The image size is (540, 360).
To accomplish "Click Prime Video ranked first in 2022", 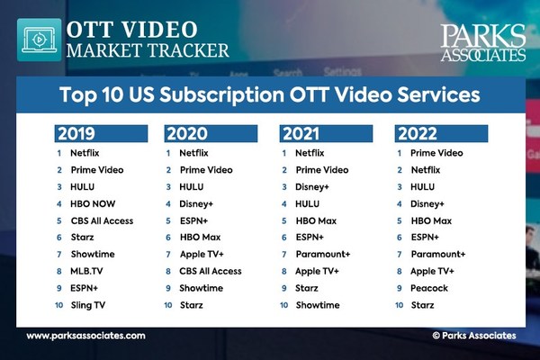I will pyautogui.click(x=436, y=153).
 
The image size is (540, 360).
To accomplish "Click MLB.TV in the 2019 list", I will pyautogui.click(x=87, y=272).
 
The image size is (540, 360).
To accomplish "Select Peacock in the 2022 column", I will pyautogui.click(x=430, y=288).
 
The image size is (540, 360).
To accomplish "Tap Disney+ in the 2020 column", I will pyautogui.click(x=197, y=203).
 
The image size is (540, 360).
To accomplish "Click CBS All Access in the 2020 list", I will pyautogui.click(x=211, y=271).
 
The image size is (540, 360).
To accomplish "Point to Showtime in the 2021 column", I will pyautogui.click(x=317, y=305).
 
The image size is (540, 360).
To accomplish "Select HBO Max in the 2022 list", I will pyautogui.click(x=432, y=220).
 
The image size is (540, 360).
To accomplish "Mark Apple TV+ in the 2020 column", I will pyautogui.click(x=202, y=255).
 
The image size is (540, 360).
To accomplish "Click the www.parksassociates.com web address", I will pyautogui.click(x=85, y=336).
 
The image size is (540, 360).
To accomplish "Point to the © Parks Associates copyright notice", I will pyautogui.click(x=473, y=336).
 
